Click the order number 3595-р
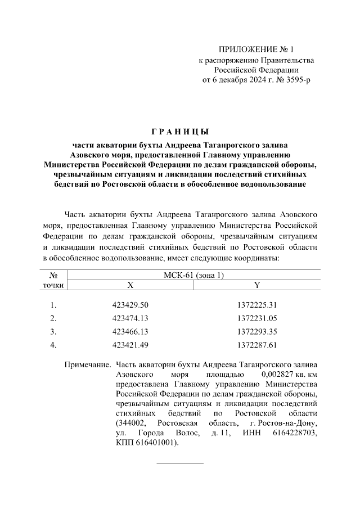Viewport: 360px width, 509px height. [x=293, y=80]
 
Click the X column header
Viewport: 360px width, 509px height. [x=130, y=285]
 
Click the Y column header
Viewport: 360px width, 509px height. [x=257, y=285]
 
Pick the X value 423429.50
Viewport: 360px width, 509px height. [x=130, y=305]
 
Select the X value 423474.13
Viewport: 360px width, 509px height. [x=130, y=318]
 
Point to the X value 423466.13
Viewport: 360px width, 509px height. [x=130, y=332]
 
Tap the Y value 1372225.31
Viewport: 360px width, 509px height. [x=257, y=305]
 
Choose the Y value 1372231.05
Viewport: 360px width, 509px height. [x=257, y=318]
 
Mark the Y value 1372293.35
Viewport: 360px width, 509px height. [x=257, y=332]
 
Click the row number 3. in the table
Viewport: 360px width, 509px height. [x=53, y=332]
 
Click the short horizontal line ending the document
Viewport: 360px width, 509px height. [x=179, y=464]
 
